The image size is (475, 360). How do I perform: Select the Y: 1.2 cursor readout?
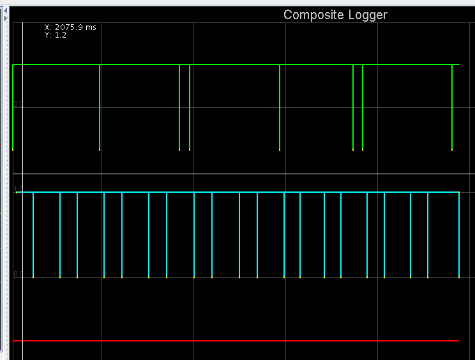pos(55,35)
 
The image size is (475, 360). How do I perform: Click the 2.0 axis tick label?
pos(19,104)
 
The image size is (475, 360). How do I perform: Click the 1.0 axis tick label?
pos(19,188)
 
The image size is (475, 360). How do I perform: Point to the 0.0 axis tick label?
pos(19,274)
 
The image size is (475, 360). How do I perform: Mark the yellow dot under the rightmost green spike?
pos(452,150)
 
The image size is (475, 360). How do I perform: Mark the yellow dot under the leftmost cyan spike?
pos(33,278)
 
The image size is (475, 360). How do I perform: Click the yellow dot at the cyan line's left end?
pos(17,192)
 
